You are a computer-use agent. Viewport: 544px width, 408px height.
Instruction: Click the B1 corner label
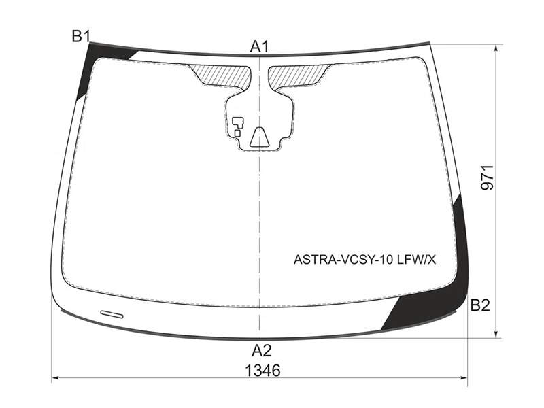[x=81, y=36]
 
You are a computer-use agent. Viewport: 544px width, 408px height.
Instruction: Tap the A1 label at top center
[x=259, y=47]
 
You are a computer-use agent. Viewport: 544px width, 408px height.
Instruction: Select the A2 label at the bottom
[x=261, y=351]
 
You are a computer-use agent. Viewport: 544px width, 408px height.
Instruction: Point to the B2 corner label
[x=480, y=305]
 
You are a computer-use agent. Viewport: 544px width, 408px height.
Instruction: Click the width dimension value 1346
[x=262, y=371]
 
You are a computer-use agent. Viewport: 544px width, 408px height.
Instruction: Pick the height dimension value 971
[x=487, y=177]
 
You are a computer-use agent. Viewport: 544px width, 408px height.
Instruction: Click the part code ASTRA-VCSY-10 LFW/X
[x=364, y=259]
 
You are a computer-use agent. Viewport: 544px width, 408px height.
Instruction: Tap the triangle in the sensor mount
[x=259, y=137]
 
